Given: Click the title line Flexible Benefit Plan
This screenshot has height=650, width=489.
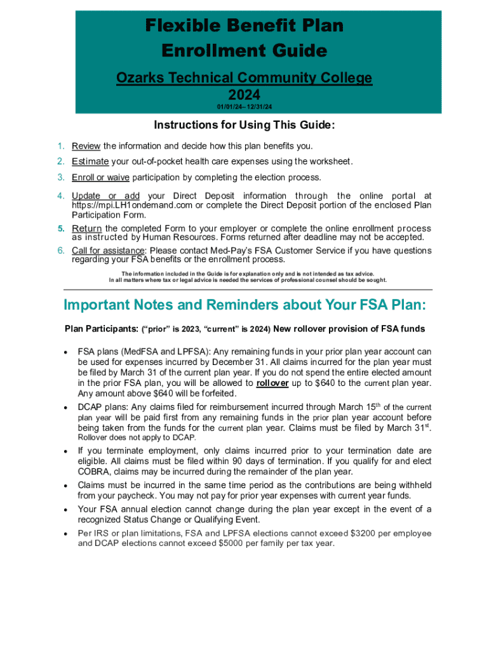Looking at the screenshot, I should [x=245, y=26].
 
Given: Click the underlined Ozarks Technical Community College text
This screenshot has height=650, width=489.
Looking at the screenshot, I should [x=245, y=78].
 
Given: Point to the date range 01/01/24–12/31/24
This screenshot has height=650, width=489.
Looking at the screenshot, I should [x=245, y=107].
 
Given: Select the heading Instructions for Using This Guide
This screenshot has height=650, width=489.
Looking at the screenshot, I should [x=245, y=125].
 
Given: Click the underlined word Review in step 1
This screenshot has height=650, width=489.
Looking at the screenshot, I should [x=86, y=147].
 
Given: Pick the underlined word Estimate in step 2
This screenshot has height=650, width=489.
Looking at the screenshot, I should [x=90, y=161].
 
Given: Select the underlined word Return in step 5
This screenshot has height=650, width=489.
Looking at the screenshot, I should [x=86, y=229].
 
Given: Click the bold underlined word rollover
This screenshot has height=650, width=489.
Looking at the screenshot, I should [x=272, y=383].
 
